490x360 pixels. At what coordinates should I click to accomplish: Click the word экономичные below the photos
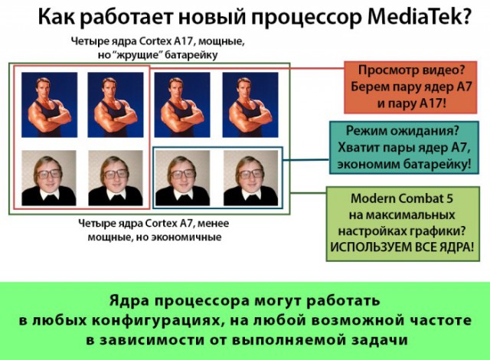(x=191, y=237)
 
